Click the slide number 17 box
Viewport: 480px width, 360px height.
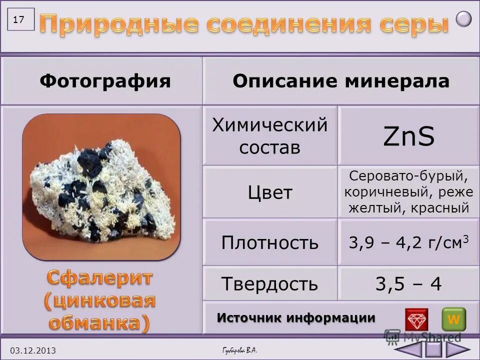click(x=20, y=20)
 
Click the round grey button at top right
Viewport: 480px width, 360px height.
click(x=464, y=19)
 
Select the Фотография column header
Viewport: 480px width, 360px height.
click(x=105, y=81)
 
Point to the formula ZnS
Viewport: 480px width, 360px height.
click(x=408, y=136)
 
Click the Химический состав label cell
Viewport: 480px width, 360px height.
click(x=270, y=135)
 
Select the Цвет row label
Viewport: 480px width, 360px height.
click(x=270, y=192)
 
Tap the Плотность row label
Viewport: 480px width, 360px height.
click(x=270, y=242)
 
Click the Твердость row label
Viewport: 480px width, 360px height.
click(x=270, y=284)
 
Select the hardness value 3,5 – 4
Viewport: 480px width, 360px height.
click(x=408, y=284)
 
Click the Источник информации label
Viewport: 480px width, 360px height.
click(x=296, y=318)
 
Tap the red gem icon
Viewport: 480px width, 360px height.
click(x=416, y=319)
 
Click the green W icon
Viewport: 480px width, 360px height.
click(x=453, y=319)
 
